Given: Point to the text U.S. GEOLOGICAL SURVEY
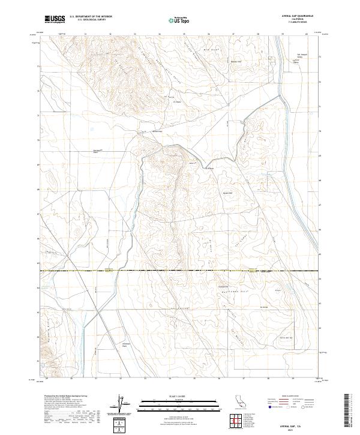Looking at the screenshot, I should tap(91, 20).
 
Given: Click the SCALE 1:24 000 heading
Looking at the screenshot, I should tap(171, 395).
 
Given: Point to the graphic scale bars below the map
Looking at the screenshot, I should tap(171, 403).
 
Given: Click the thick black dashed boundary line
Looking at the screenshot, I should tap(180, 272).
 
